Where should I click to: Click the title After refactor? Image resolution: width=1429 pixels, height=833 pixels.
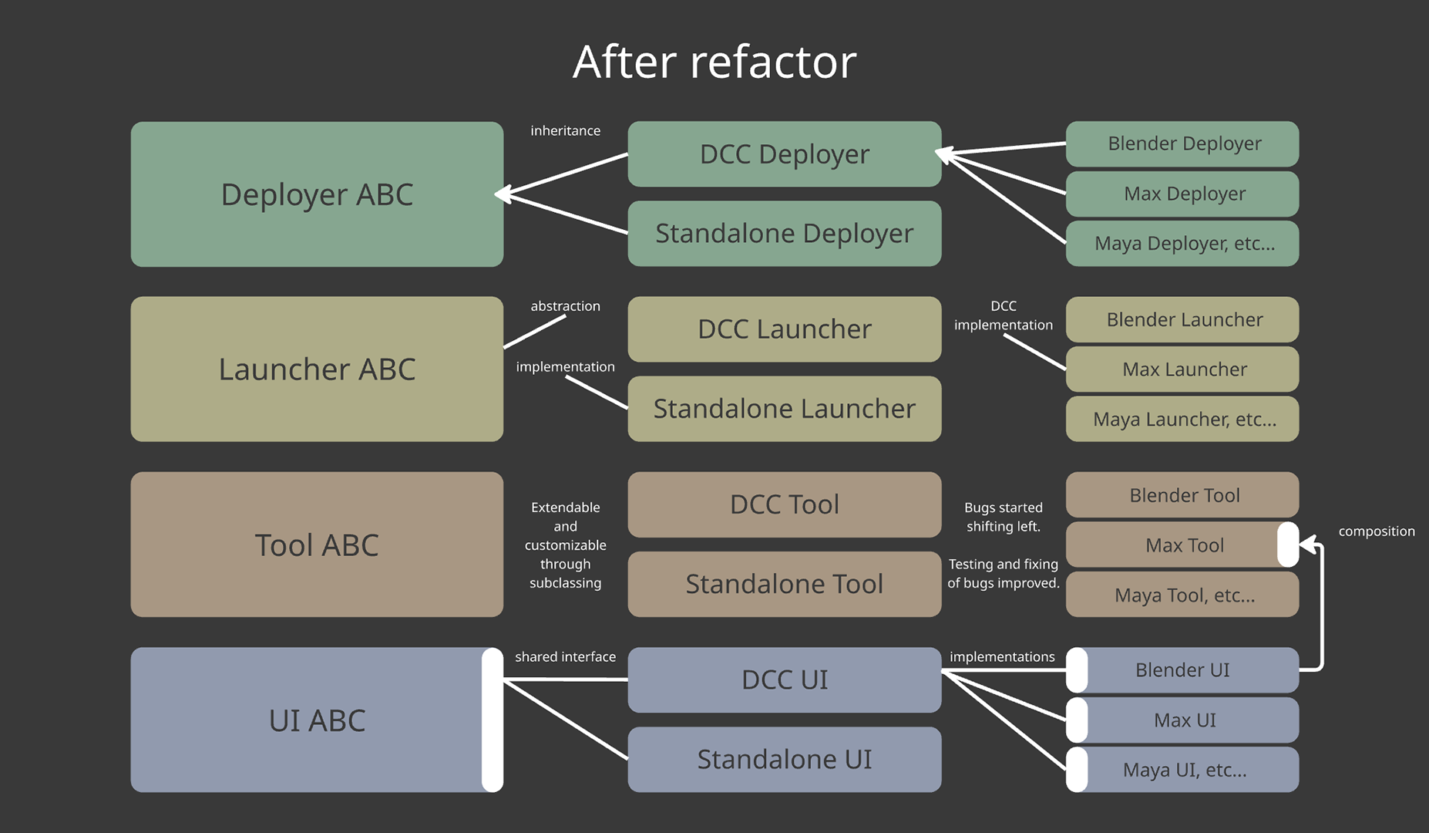pyautogui.click(x=714, y=62)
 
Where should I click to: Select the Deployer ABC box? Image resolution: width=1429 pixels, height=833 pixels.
pyautogui.click(x=317, y=194)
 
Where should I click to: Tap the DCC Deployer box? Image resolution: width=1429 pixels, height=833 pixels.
pyautogui.click(x=784, y=154)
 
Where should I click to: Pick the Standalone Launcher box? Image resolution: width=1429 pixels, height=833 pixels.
pyautogui.click(x=784, y=409)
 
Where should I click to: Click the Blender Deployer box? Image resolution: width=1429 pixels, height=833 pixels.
pyautogui.click(x=1183, y=143)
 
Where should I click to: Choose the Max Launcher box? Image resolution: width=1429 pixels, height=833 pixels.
pyautogui.click(x=1183, y=369)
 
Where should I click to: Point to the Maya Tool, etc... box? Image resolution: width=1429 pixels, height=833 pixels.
pyautogui.click(x=1183, y=595)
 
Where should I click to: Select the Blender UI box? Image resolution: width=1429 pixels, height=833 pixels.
pyautogui.click(x=1183, y=669)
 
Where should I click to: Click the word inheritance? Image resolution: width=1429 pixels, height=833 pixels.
pyautogui.click(x=565, y=131)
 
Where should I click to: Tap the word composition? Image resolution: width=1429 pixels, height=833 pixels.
pyautogui.click(x=1376, y=531)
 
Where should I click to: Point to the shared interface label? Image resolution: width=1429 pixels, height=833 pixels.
pyautogui.click(x=565, y=657)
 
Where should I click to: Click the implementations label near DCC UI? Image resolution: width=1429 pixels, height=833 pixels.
pyautogui.click(x=1002, y=657)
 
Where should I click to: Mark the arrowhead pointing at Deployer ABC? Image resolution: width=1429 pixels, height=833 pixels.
pyautogui.click(x=503, y=194)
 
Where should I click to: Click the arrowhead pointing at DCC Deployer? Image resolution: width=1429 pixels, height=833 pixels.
pyautogui.click(x=944, y=154)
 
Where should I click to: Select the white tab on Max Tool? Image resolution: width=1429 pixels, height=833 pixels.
pyautogui.click(x=1287, y=545)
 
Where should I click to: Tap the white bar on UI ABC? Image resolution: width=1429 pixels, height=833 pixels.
pyautogui.click(x=493, y=720)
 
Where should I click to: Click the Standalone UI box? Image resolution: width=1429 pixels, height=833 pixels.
pyautogui.click(x=784, y=760)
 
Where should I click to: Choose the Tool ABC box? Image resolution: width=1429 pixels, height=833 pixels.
pyautogui.click(x=317, y=545)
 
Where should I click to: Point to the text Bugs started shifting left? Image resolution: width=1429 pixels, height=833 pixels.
pyautogui.click(x=1003, y=517)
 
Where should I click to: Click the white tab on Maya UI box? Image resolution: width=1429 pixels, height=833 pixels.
pyautogui.click(x=1077, y=769)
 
